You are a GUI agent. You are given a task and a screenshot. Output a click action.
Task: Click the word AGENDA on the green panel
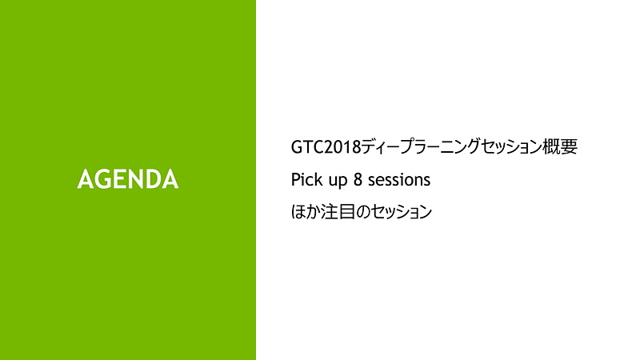pyautogui.click(x=128, y=179)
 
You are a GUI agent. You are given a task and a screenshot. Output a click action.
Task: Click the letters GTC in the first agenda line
pyautogui.click(x=306, y=147)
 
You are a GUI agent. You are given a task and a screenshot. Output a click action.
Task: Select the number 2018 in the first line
pyautogui.click(x=341, y=147)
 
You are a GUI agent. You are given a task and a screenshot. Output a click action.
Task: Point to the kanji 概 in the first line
pyautogui.click(x=554, y=147)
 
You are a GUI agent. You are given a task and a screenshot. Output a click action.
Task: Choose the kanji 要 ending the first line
pyautogui.click(x=570, y=147)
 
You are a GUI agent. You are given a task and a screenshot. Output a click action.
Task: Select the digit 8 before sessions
pyautogui.click(x=358, y=180)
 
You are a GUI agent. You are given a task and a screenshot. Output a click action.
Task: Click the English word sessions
pyautogui.click(x=399, y=180)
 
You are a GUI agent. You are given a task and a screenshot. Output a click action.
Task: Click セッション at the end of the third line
pyautogui.click(x=399, y=213)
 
